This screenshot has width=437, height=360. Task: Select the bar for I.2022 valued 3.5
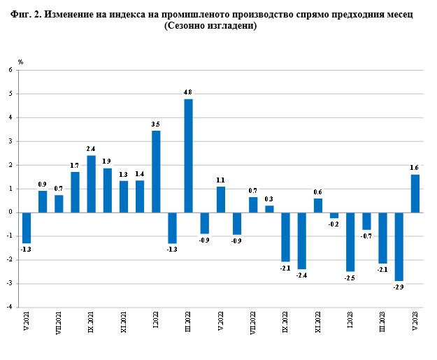pos(156,171)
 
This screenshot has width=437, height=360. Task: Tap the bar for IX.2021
pos(91,184)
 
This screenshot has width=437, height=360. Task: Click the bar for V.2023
pos(415,194)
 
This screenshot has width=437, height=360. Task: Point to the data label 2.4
pos(91,149)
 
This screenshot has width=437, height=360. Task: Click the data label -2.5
pos(350,278)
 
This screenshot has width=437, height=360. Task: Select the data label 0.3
pos(269,199)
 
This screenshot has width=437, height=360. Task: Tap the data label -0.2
pos(334,224)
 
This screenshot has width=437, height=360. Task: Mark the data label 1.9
pos(107,161)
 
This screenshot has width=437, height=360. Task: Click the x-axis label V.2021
pos(27,324)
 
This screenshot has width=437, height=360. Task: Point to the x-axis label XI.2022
pos(318,326)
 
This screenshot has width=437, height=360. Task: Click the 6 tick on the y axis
pos(10,70)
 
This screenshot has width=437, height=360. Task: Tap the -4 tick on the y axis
pos(10,307)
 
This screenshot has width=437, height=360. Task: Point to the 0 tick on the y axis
pos(10,213)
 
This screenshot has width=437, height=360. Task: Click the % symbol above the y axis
pos(21,62)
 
